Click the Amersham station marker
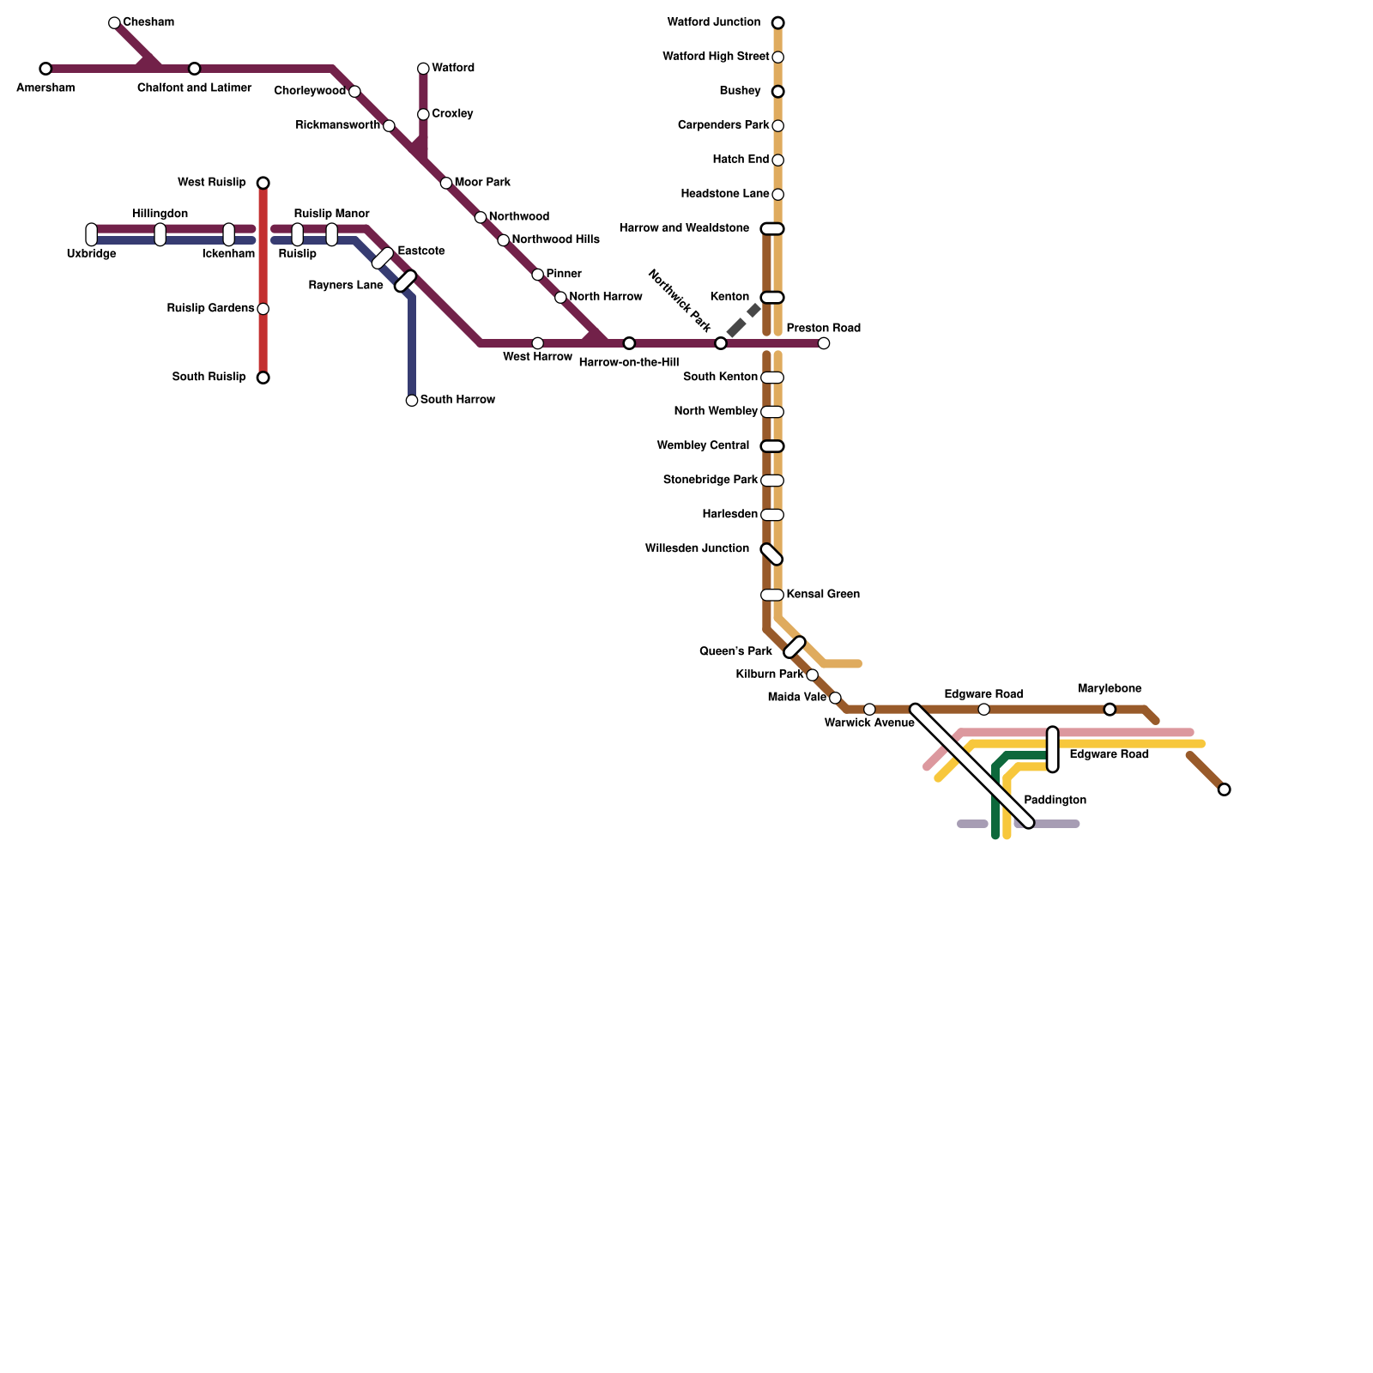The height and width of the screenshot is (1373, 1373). click(45, 69)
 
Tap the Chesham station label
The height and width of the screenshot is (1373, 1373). click(148, 22)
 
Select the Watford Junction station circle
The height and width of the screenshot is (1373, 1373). click(777, 22)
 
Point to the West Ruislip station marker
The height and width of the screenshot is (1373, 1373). click(263, 183)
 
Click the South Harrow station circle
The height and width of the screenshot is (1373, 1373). click(412, 401)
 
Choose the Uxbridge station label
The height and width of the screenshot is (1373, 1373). click(91, 254)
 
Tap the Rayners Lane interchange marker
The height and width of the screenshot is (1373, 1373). click(406, 281)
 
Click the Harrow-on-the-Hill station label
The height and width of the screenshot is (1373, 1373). click(628, 363)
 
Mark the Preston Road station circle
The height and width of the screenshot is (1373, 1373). click(824, 343)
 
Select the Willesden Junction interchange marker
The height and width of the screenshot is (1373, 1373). click(772, 554)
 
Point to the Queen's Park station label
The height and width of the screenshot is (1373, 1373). click(735, 651)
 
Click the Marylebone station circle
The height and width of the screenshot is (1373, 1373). click(1110, 710)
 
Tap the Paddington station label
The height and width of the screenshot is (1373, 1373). click(1055, 801)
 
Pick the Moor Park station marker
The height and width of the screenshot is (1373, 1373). click(446, 183)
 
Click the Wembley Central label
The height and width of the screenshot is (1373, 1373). click(703, 446)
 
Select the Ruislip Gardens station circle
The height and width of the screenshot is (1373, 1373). click(263, 309)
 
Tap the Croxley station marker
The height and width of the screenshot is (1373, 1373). click(423, 114)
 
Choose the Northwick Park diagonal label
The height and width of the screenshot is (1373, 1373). click(679, 301)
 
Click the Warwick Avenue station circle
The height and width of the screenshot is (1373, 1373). click(869, 710)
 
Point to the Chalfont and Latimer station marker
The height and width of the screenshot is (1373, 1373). click(195, 69)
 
